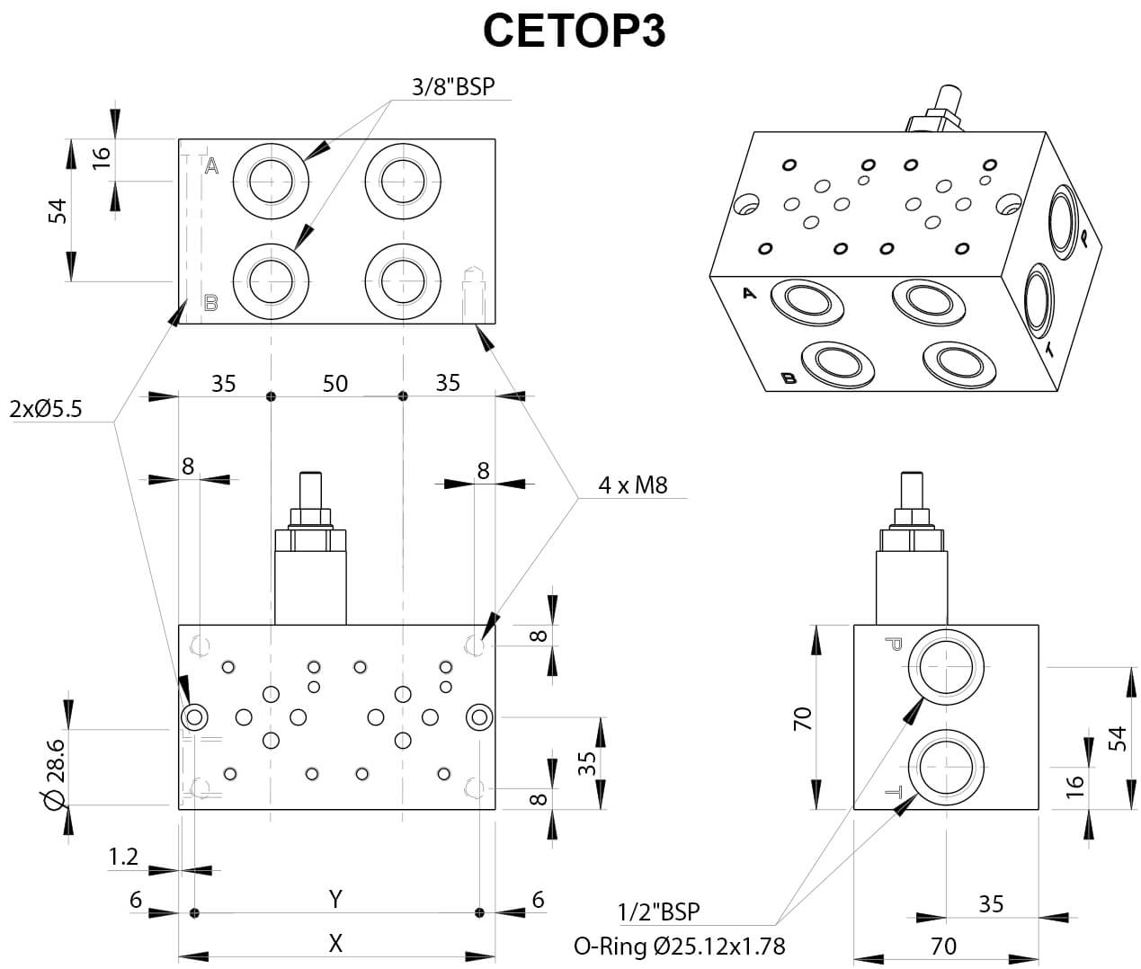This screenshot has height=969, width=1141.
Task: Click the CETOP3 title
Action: [574, 30]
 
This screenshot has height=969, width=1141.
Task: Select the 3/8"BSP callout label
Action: [453, 86]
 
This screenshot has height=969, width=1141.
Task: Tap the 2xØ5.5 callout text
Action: [46, 409]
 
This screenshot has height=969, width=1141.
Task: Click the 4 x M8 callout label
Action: [633, 485]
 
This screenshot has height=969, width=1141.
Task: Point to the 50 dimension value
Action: [335, 383]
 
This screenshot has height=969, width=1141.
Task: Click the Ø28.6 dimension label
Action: [55, 772]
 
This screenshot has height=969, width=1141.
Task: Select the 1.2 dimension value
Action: [123, 856]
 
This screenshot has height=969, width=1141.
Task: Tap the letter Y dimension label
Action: [335, 898]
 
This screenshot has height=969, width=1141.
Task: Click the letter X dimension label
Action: [335, 942]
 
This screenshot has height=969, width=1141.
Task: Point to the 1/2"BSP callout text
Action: [659, 911]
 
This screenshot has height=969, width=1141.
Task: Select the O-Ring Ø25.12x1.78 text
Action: [680, 946]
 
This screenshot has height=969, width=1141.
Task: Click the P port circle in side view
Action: [946, 668]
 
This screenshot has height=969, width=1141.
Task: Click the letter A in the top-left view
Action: [212, 165]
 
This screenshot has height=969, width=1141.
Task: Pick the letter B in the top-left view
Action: [211, 303]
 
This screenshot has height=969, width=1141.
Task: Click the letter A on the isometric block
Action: [750, 292]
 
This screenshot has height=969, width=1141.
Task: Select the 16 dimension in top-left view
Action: [102, 155]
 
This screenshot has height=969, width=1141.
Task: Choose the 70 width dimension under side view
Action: [943, 945]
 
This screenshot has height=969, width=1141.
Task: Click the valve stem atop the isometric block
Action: [947, 99]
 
